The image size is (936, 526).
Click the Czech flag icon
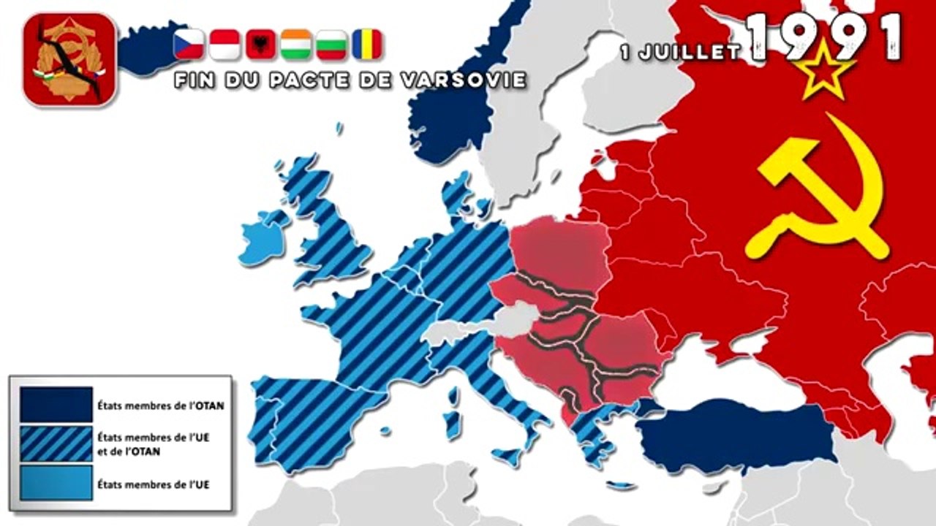click(188, 44)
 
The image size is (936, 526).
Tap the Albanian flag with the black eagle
click(260, 44)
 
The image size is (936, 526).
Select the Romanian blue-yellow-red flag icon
click(366, 44)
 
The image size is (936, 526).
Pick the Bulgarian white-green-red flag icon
click(331, 44)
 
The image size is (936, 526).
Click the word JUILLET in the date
click(701, 53)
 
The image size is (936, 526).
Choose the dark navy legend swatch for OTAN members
click(56, 405)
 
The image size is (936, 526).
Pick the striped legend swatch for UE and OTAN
click(56, 443)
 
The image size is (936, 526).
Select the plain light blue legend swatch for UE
click(56, 482)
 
